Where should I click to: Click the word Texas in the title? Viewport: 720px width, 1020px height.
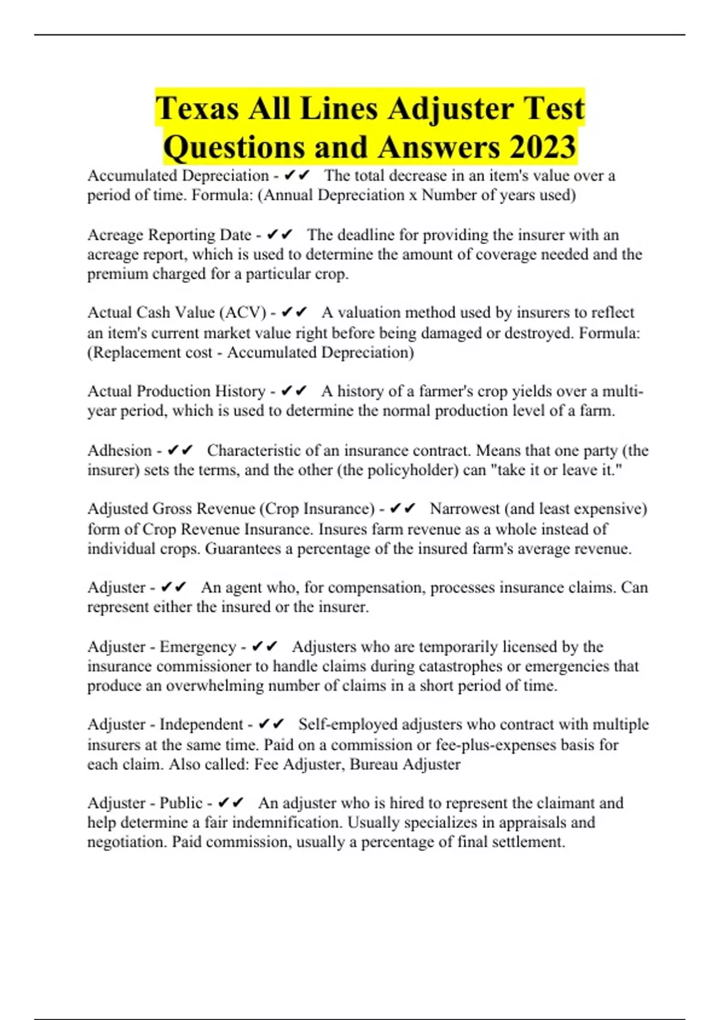197,109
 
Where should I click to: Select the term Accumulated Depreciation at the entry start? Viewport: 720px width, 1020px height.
178,176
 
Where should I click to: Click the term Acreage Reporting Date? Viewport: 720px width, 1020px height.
169,235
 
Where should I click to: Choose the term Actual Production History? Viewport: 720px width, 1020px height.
176,391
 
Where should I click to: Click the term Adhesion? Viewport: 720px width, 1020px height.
119,451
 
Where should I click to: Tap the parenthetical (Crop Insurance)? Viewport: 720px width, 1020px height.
317,509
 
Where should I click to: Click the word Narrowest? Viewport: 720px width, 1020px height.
464,509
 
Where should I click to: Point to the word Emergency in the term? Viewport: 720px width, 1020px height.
197,647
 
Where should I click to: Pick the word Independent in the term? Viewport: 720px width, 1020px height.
201,724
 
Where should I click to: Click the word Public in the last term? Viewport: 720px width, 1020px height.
181,803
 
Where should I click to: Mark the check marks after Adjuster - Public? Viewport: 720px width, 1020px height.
231,803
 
